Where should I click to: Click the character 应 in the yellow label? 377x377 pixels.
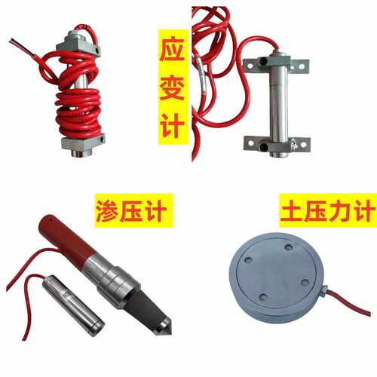point(173,50)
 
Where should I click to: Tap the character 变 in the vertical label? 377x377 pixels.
point(173,87)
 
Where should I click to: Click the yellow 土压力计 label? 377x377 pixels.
point(328,210)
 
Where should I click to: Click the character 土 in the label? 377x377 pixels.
point(292,210)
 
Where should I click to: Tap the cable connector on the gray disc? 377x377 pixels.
point(324,289)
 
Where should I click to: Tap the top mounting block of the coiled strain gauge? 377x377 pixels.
point(78,43)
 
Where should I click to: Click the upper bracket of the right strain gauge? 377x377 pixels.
point(277,66)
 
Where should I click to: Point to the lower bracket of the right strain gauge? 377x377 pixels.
point(277,145)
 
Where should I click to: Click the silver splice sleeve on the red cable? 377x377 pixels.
point(203,75)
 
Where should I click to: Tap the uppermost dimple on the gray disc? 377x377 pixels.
point(289,247)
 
